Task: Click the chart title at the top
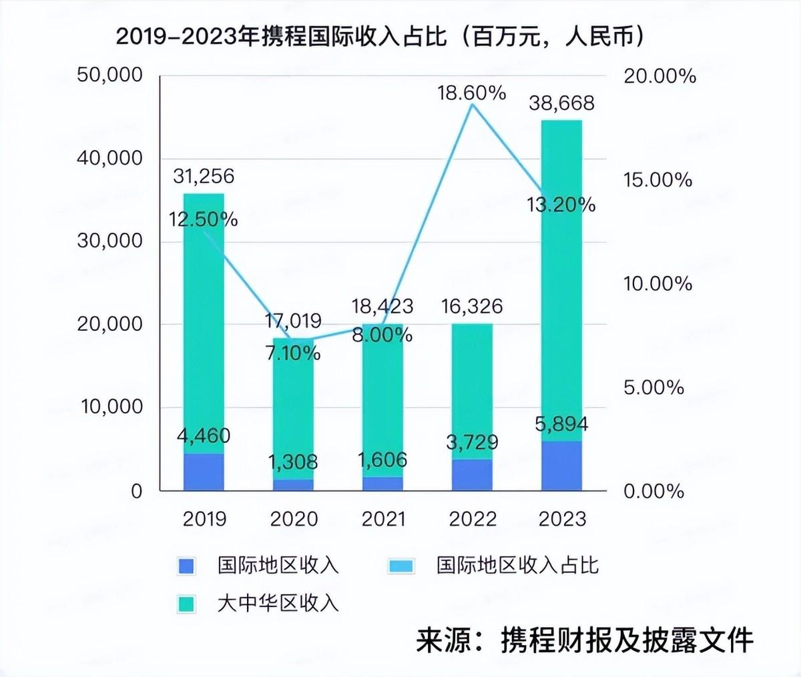381,36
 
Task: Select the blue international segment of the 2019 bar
204,472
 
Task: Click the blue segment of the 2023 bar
561,466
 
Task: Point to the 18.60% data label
471,93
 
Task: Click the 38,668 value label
561,103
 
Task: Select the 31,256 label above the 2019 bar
204,176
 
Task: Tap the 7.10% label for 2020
292,352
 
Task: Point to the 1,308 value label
292,462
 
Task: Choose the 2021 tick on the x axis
383,519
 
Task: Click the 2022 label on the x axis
472,519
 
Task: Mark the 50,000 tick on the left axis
110,75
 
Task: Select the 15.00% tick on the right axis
657,180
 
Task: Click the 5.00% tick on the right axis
653,388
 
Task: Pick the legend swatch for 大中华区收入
187,604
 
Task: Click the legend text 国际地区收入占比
517,566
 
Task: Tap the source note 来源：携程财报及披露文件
584,641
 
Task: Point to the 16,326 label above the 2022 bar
472,307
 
